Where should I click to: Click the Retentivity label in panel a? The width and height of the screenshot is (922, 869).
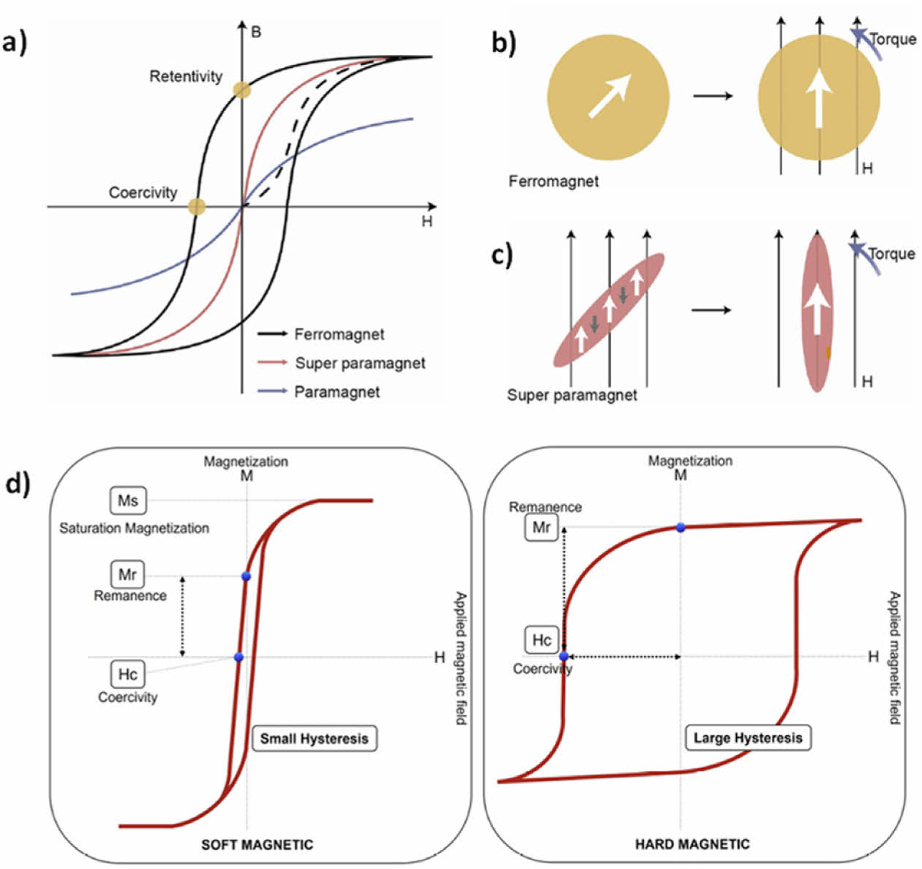coord(186,76)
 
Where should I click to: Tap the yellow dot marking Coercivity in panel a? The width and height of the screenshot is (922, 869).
coord(197,206)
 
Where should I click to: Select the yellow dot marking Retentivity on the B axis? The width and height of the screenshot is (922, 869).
coord(242,91)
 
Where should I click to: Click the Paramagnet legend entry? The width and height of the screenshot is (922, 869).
coord(337,392)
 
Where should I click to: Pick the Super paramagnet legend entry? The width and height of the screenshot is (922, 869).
coord(359,364)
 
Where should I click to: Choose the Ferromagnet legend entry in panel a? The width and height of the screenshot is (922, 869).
coord(339,334)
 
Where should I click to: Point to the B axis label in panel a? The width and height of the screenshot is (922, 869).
coord(255,32)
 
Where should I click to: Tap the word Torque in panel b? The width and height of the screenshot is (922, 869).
coord(892,39)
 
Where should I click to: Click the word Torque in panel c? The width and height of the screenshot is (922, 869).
coord(891,254)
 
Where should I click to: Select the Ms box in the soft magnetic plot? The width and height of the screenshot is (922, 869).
coord(127,501)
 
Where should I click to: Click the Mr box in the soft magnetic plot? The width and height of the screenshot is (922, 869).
coord(127,574)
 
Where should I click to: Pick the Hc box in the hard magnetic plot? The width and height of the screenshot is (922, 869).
coord(541,640)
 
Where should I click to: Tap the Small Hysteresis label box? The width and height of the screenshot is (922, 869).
coord(315,738)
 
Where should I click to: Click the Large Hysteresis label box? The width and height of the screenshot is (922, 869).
coord(748,738)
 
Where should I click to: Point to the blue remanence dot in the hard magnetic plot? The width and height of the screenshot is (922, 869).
coord(681,527)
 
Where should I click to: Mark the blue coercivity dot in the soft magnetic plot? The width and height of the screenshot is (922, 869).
coord(238,658)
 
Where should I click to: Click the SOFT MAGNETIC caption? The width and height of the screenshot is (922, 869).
coord(257,845)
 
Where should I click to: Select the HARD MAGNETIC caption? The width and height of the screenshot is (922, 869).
coord(692,845)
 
